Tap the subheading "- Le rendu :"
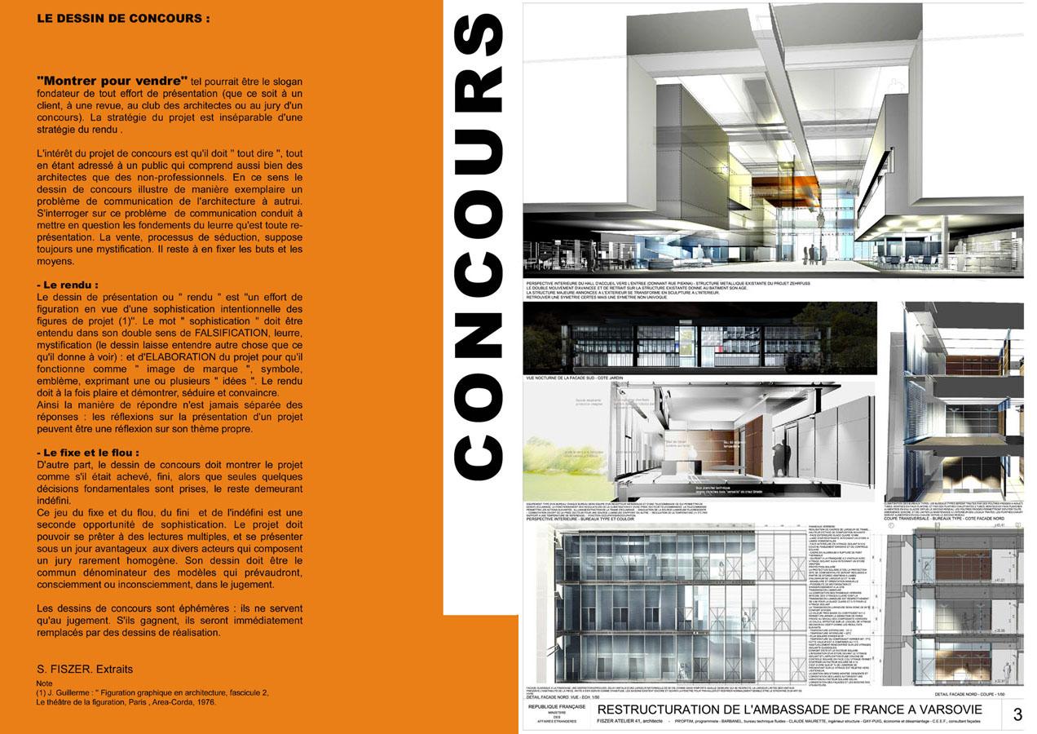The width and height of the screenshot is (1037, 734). tap(68, 285)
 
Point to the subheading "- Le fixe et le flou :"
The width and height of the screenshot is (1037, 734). tap(88, 452)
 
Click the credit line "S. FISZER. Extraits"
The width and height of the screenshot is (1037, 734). tap(85, 670)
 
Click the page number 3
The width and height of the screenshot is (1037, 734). tap(1017, 715)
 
